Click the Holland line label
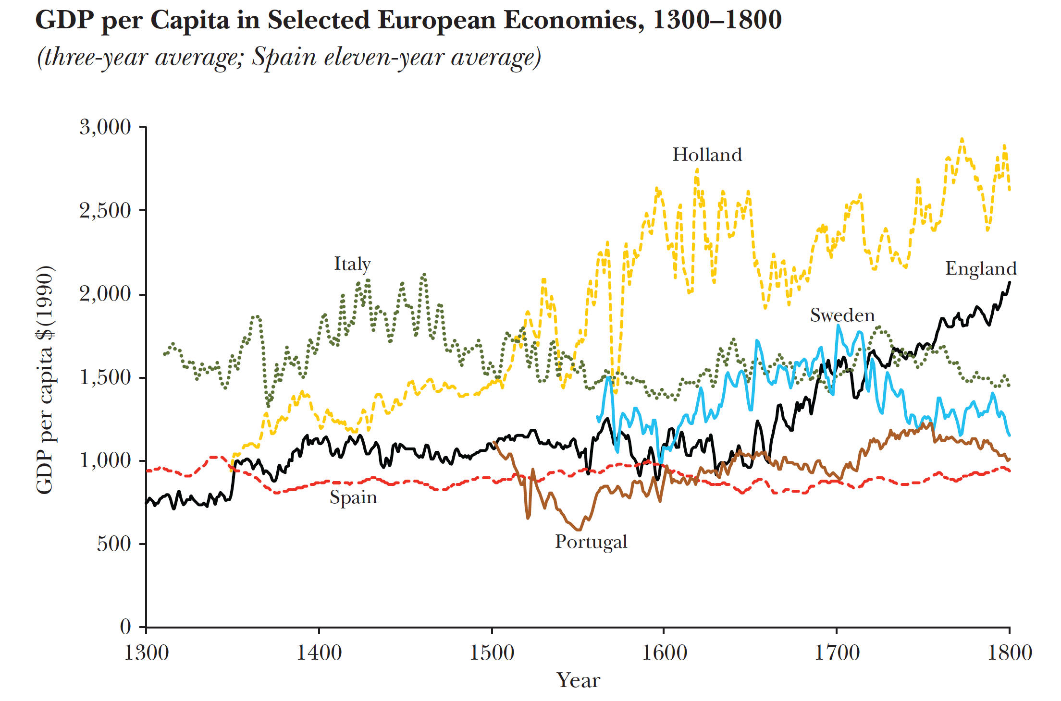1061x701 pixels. [707, 155]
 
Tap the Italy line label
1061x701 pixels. [352, 264]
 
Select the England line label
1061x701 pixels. [981, 268]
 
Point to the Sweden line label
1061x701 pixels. [842, 315]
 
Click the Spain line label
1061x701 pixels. [353, 497]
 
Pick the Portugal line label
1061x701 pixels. [591, 542]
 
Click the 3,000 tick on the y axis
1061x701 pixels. [105, 127]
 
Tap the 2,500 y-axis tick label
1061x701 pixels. [105, 211]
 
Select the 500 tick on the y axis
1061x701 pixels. [114, 544]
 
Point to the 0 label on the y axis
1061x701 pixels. [125, 627]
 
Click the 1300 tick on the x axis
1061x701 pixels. [146, 653]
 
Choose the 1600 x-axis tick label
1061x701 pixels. [664, 653]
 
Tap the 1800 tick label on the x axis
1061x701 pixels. [1009, 653]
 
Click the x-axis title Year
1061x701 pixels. [578, 680]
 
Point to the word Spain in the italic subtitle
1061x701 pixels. [284, 57]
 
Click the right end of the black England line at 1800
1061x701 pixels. [1009, 283]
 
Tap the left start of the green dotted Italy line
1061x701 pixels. [165, 354]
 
